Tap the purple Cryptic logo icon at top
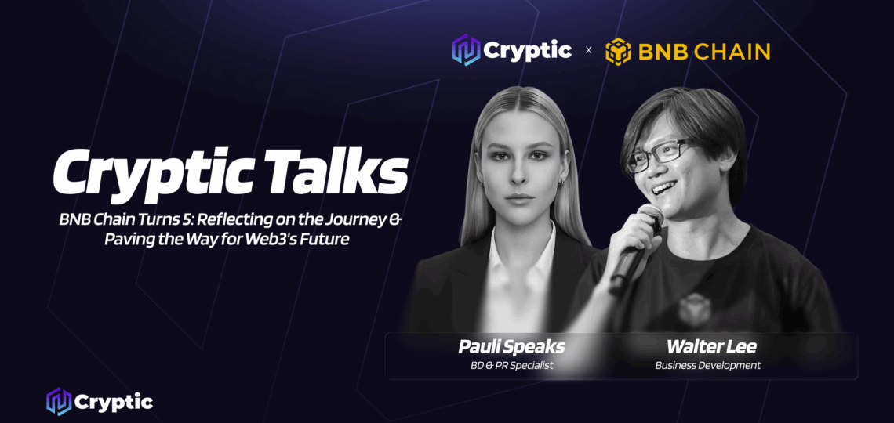[x=466, y=51]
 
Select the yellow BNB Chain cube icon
[x=619, y=52]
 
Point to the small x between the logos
[x=589, y=52]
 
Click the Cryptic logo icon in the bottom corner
[x=59, y=402]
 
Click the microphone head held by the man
[x=649, y=215]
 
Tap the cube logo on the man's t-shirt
[x=694, y=305]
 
